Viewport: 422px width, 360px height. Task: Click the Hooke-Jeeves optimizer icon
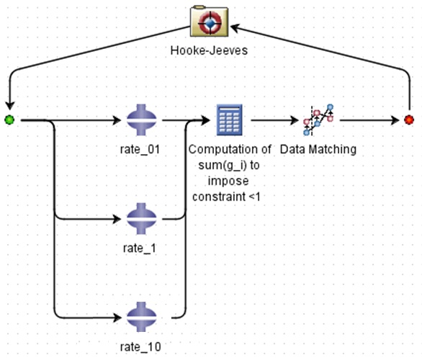[209, 22]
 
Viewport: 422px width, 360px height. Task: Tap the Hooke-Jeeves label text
[209, 50]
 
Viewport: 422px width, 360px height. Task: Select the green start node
[9, 120]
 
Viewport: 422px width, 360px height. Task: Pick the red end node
[409, 120]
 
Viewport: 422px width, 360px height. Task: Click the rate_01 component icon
[142, 120]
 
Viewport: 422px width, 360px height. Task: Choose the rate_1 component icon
[142, 219]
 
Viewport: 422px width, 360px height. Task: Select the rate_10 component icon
[142, 318]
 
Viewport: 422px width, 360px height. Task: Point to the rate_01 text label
[140, 149]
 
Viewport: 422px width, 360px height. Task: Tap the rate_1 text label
[140, 248]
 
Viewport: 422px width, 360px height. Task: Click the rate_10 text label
[140, 347]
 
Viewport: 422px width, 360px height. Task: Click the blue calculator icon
[230, 120]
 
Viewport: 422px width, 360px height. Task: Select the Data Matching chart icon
[318, 120]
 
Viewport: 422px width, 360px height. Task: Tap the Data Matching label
[318, 149]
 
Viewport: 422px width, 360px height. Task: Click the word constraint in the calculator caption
[219, 197]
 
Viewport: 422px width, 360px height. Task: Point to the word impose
[228, 181]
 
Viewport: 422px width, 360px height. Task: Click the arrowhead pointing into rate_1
[117, 219]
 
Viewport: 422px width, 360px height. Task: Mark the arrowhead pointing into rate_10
[117, 318]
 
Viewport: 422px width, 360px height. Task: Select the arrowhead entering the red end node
[395, 120]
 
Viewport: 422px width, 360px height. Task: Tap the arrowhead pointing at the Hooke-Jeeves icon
[235, 27]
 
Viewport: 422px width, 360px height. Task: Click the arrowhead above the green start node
[9, 106]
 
